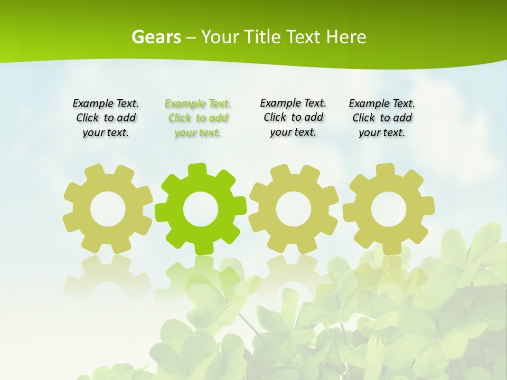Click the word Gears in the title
pos(156,37)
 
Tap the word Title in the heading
pos(262,37)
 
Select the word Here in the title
pos(346,37)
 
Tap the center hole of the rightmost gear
pos(388,209)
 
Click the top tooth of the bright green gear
pos(196,170)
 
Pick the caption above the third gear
pos(293,118)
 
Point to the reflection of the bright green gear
pos(200,274)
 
